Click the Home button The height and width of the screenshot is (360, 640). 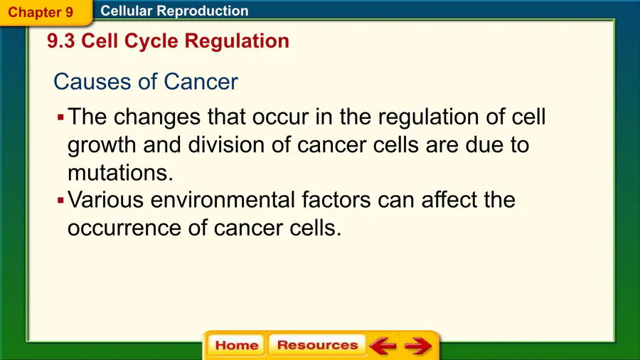click(x=236, y=345)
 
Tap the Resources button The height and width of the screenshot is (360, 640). click(x=317, y=345)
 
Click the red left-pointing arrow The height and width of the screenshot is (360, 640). click(x=383, y=345)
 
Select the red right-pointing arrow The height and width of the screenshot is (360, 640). click(x=418, y=345)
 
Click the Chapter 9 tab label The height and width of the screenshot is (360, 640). click(x=41, y=12)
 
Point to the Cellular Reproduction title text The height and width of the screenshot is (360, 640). click(x=174, y=11)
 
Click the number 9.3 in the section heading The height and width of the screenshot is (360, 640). click(x=61, y=41)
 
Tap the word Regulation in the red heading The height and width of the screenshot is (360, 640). click(x=237, y=41)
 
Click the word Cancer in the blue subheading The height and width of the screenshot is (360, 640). click(x=201, y=82)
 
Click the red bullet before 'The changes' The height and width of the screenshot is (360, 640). click(x=61, y=118)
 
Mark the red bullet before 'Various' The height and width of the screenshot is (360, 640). click(x=61, y=201)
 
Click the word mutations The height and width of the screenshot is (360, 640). click(x=120, y=173)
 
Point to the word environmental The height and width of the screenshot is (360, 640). click(x=223, y=200)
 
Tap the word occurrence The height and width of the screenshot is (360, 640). click(x=124, y=228)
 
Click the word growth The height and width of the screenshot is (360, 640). click(x=102, y=146)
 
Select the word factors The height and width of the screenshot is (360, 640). click(x=336, y=200)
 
